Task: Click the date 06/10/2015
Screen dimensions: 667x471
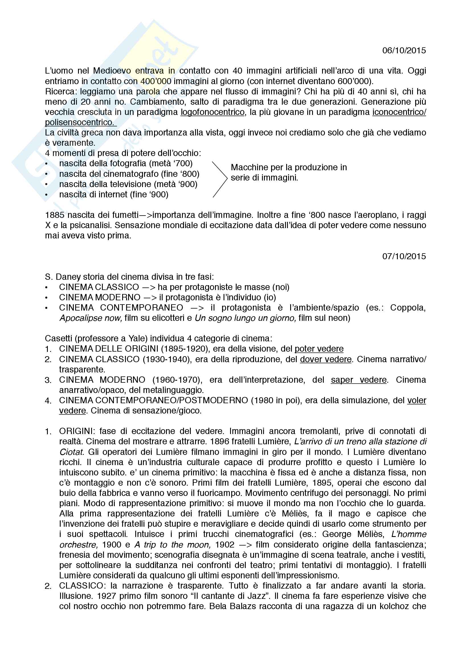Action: pos(404,50)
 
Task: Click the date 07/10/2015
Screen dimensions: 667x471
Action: pos(404,256)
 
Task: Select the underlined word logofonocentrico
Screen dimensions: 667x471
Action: pos(212,112)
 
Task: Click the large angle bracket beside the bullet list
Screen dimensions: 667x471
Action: pos(220,180)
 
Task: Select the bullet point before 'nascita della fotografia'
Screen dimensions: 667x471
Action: pos(47,164)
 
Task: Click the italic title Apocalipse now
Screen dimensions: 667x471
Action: pos(90,318)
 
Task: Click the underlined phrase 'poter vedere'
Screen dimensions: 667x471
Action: pos(319,348)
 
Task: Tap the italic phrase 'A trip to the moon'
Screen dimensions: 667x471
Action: pos(172,545)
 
